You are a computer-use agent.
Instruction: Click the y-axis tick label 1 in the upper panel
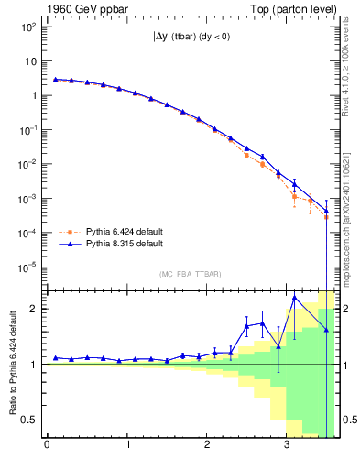(33, 95)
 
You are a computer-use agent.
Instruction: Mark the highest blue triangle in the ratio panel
(295, 297)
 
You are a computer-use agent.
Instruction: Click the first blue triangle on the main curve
(56, 80)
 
